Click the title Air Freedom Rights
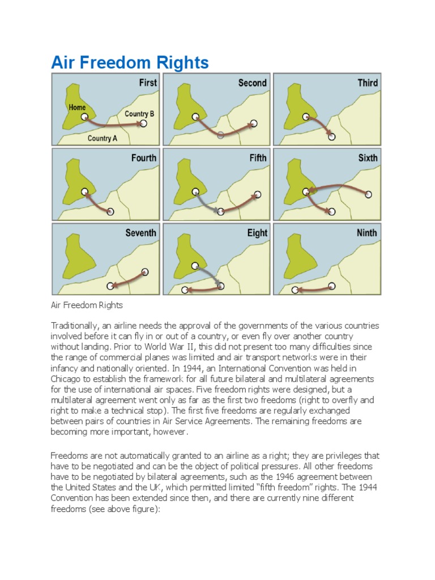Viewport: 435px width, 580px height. [130, 62]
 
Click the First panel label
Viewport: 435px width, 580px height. [148, 83]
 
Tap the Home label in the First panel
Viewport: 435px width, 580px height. [77, 106]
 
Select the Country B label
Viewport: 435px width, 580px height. [139, 113]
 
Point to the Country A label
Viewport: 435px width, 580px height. [103, 138]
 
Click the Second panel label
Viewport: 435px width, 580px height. [252, 83]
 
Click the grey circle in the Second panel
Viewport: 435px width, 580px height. [220, 135]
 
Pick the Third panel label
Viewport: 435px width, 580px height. [368, 83]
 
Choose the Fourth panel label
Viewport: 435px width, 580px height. [143, 158]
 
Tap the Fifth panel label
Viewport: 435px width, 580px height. [258, 158]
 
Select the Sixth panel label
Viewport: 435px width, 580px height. [368, 158]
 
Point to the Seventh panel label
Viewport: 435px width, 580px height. [140, 233]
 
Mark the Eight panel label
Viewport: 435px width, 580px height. [257, 233]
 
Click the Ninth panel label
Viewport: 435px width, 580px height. [366, 233]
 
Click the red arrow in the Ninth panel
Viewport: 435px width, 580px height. [314, 288]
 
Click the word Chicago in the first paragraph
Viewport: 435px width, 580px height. [67, 379]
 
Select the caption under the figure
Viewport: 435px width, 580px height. [87, 305]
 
